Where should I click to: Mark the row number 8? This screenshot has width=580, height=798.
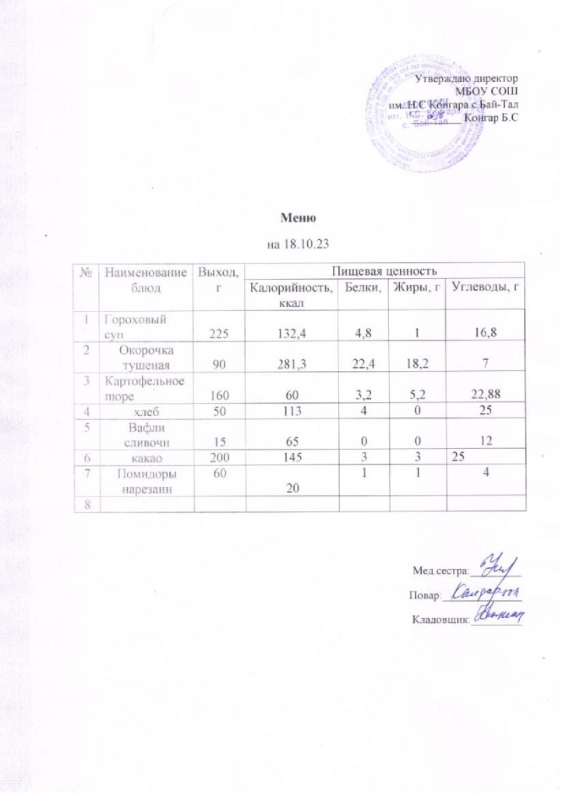pyautogui.click(x=99, y=504)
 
